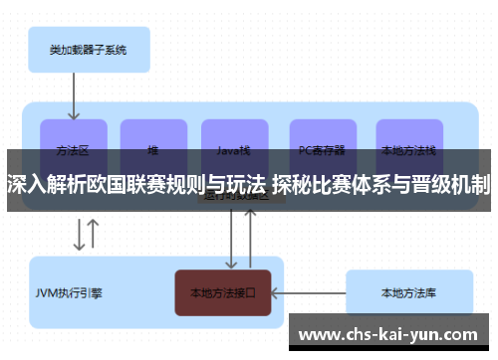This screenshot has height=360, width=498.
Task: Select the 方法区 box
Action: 74,145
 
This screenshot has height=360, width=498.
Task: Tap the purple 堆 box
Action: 153,145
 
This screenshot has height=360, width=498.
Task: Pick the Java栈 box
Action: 234,145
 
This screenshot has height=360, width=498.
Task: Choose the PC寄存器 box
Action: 322,145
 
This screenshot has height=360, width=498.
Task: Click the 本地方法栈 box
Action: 408,145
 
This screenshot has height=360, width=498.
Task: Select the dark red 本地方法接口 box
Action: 223,293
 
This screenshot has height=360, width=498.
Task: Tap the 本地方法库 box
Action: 407,293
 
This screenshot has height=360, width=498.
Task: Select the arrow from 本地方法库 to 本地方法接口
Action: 309,293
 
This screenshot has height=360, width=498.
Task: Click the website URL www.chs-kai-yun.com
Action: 389,333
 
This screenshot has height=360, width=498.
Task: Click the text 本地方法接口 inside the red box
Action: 223,293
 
